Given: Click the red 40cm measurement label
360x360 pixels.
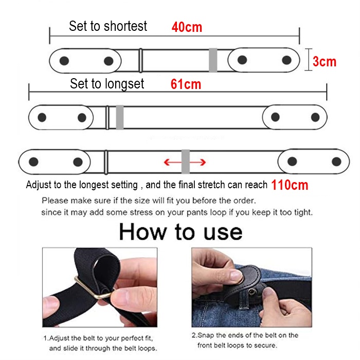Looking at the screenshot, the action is [x=187, y=27].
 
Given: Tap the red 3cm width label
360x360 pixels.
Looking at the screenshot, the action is [x=325, y=62].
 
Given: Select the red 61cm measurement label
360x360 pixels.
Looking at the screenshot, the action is [x=186, y=84].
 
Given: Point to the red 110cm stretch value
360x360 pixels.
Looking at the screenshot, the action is [x=290, y=185].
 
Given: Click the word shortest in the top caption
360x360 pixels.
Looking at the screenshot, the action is [x=125, y=26].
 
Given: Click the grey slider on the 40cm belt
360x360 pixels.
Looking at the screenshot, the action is [x=213, y=60].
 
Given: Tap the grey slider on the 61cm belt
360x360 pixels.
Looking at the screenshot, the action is [x=120, y=117].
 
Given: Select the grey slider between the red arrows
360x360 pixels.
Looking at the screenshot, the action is [x=186, y=161].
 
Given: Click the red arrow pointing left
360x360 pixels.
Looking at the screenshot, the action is [x=173, y=163].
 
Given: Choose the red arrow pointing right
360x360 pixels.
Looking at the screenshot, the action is [x=197, y=163].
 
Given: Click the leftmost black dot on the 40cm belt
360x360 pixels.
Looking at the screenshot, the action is [x=64, y=61].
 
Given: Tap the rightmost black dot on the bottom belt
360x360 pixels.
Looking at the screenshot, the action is [x=336, y=161].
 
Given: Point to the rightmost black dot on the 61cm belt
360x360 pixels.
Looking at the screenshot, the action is [x=315, y=117].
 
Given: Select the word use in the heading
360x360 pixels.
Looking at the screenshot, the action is [x=223, y=233].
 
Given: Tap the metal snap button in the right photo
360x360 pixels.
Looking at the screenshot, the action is [x=253, y=292].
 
